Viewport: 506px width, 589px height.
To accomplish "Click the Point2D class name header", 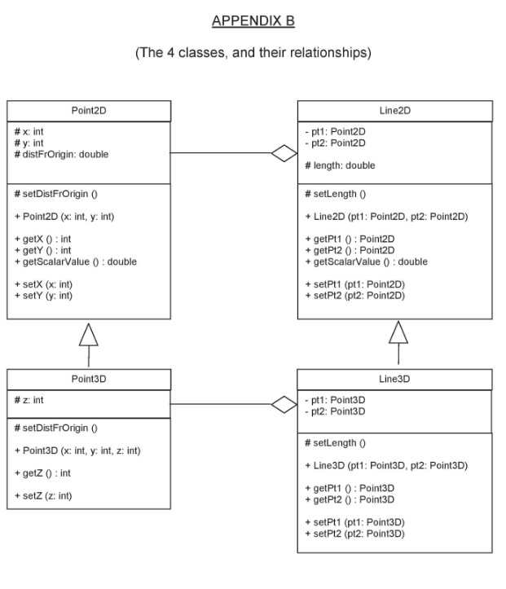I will pos(89,111).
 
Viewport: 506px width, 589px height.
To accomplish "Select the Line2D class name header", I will pos(395,111).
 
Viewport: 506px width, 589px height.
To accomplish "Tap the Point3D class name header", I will pos(89,380).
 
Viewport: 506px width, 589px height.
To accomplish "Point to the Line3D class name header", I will pos(395,380).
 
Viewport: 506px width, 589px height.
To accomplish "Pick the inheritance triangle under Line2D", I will pos(398,332).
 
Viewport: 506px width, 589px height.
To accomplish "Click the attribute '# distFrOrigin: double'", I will pos(56,154).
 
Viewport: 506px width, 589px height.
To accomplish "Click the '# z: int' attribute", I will pos(32,399).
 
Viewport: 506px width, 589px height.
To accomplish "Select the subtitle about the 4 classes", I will pos(253,54).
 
